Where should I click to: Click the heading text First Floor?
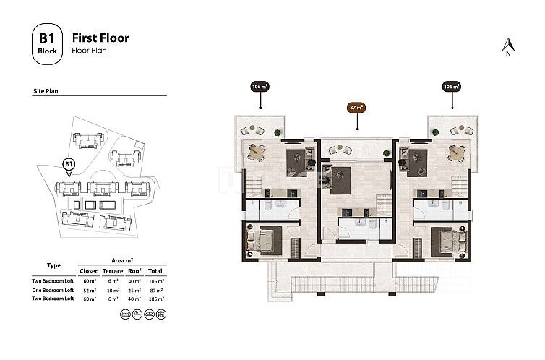[100, 38]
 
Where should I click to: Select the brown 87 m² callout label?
[356, 108]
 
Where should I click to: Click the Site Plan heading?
[46, 93]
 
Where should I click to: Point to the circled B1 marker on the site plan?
[69, 164]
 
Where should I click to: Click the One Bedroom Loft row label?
[53, 289]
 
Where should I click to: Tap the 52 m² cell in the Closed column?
[90, 289]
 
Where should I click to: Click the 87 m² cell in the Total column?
[155, 289]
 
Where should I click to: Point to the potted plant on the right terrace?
[436, 132]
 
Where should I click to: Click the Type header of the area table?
[53, 265]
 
